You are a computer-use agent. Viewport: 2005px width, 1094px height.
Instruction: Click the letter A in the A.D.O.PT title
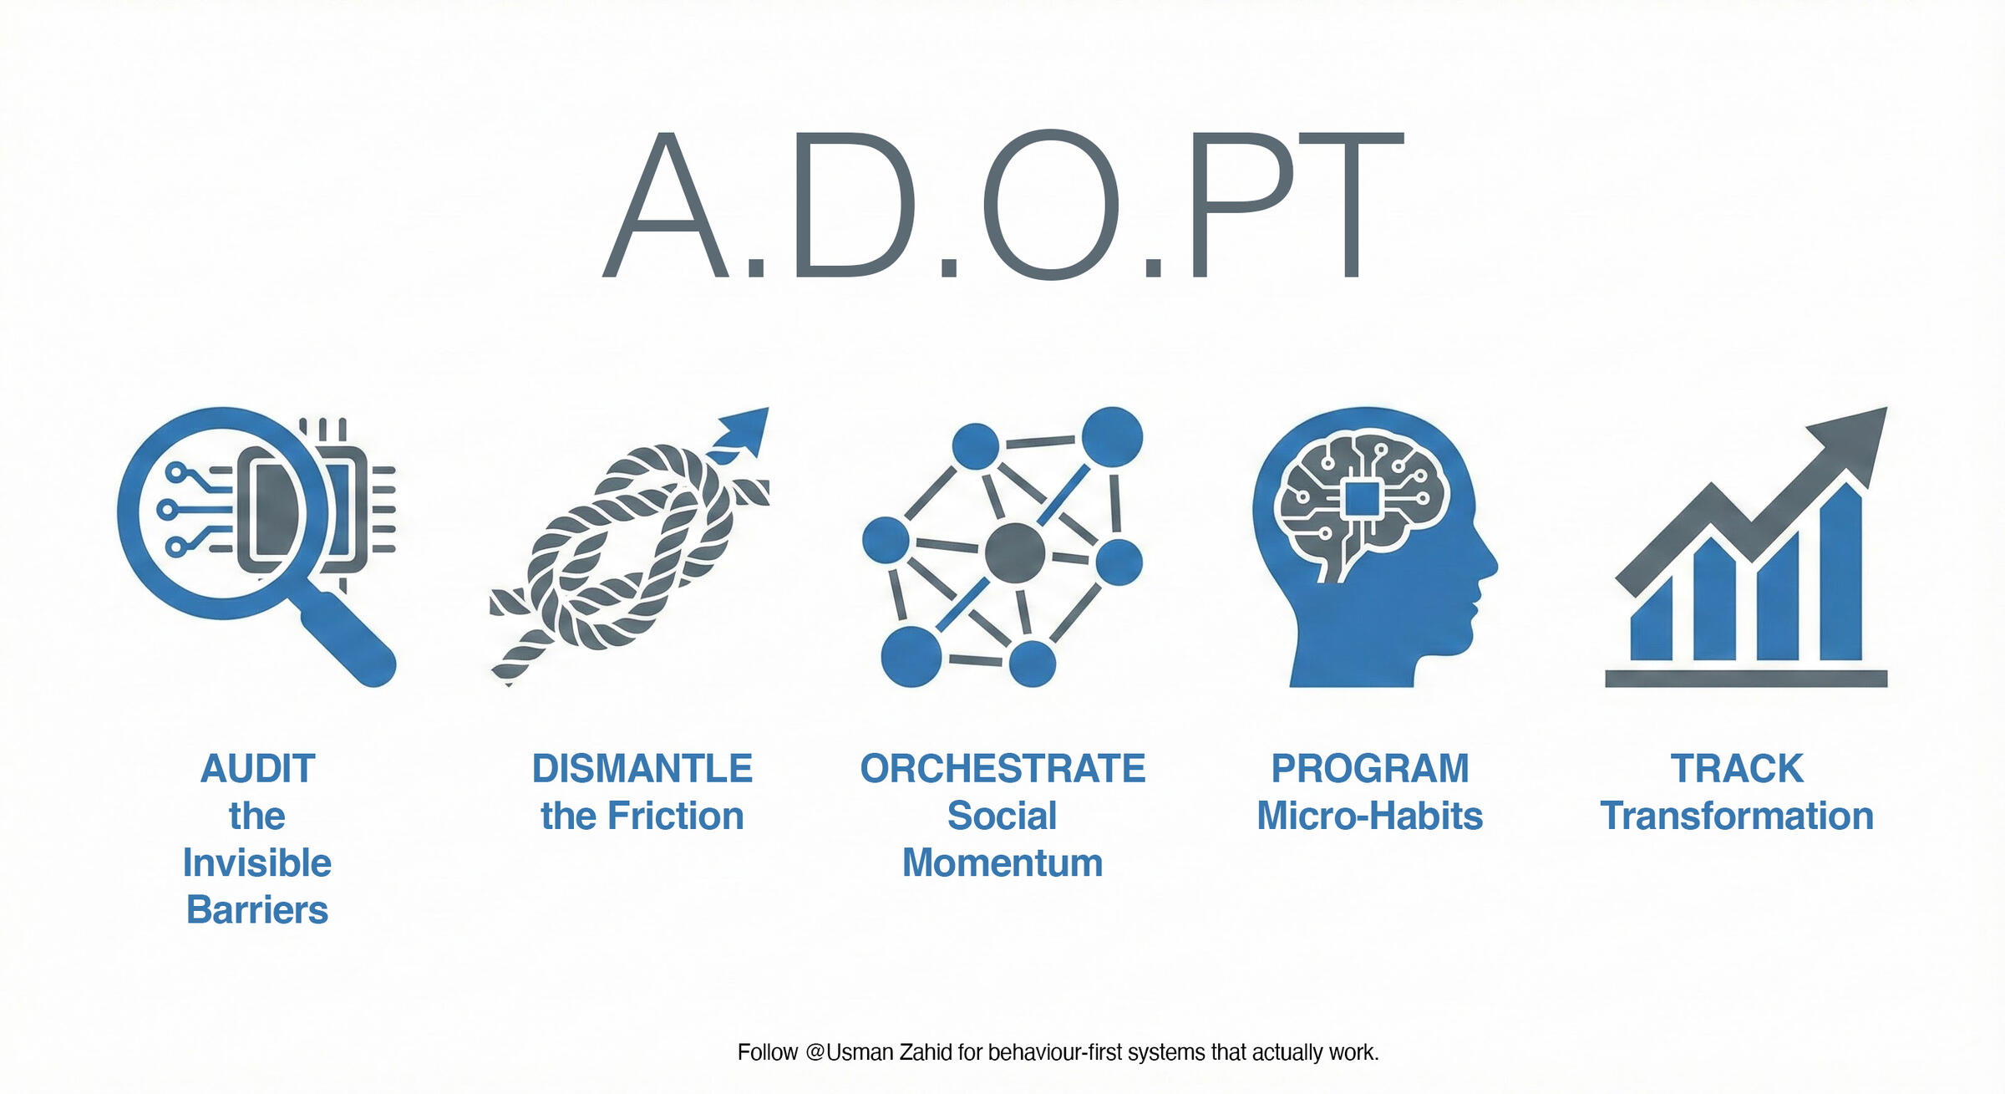click(666, 205)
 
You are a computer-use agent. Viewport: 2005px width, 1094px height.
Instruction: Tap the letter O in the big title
click(1051, 204)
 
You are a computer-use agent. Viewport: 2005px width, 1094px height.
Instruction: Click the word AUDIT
click(257, 769)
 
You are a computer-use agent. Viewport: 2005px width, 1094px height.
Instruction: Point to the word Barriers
click(257, 909)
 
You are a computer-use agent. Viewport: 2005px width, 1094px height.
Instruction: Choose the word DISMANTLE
click(642, 769)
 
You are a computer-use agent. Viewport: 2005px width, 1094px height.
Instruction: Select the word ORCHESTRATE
click(1002, 769)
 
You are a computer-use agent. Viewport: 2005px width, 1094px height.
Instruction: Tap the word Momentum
click(1002, 862)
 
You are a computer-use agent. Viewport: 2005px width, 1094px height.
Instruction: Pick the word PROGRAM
click(1370, 769)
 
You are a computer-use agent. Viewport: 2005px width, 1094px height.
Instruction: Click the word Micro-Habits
click(1370, 816)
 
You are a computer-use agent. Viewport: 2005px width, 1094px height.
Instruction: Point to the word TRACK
click(1737, 769)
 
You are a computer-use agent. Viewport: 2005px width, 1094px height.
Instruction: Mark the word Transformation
click(1737, 816)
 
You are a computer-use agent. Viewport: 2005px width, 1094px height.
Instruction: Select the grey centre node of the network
click(1015, 552)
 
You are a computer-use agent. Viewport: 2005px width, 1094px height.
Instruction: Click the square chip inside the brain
click(1362, 499)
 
